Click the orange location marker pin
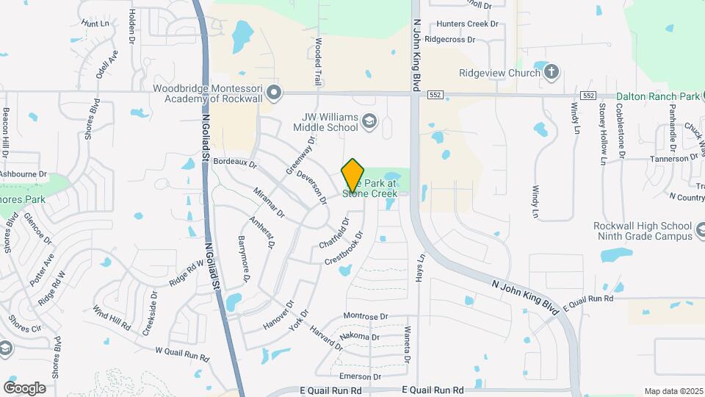pyautogui.click(x=353, y=174)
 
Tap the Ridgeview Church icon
pyautogui.click(x=552, y=72)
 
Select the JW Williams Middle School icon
pyautogui.click(x=369, y=121)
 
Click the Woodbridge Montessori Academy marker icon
pyautogui.click(x=274, y=93)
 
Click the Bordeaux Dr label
pyautogui.click(x=235, y=162)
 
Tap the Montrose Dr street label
pyautogui.click(x=365, y=316)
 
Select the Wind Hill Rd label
pyautogui.click(x=112, y=317)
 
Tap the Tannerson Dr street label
pyautogui.click(x=673, y=159)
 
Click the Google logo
pyautogui.click(x=24, y=387)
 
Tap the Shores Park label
pyautogui.click(x=22, y=199)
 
